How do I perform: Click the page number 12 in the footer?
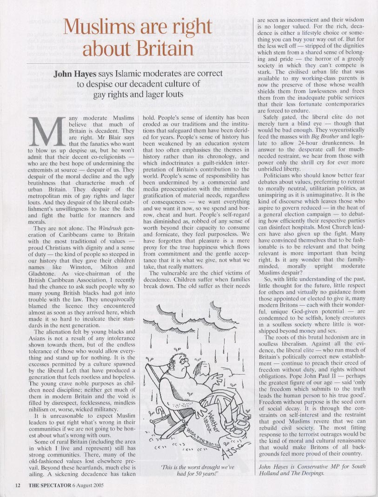18,485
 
